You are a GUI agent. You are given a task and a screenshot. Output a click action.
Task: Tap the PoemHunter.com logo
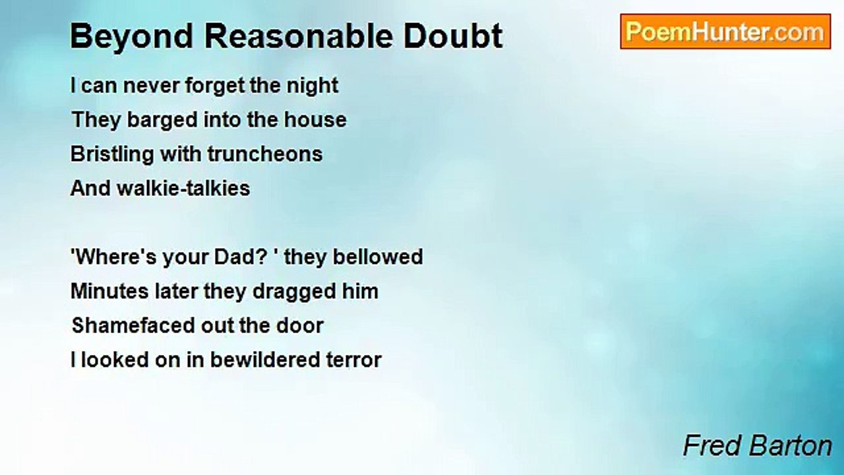pos(725,32)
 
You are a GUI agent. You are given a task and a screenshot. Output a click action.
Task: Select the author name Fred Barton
pos(757,446)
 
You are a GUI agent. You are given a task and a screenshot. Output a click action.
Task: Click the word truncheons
pos(265,154)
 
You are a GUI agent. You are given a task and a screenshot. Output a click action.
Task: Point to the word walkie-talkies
pos(183,189)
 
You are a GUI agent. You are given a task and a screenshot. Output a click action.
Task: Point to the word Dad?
pos(235,257)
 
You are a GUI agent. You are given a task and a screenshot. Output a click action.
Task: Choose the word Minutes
pos(103,291)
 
